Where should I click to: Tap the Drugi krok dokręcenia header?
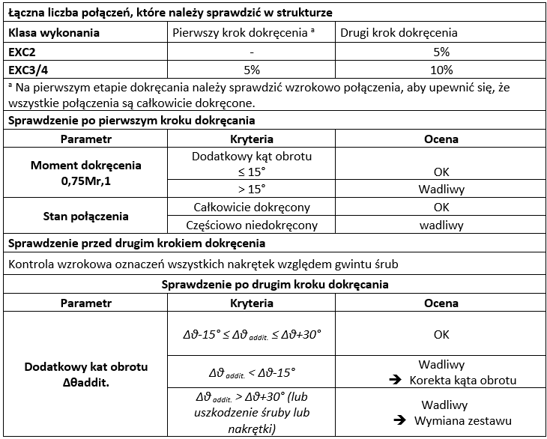pos(398,33)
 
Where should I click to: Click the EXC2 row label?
pos(22,52)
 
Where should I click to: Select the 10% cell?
pos(441,70)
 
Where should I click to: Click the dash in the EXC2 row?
pos(250,52)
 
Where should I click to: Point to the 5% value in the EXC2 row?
pos(441,52)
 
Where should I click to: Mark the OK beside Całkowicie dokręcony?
pos(441,207)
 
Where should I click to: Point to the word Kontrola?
pos(31,264)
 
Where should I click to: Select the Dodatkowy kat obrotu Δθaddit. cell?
pos(85,375)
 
